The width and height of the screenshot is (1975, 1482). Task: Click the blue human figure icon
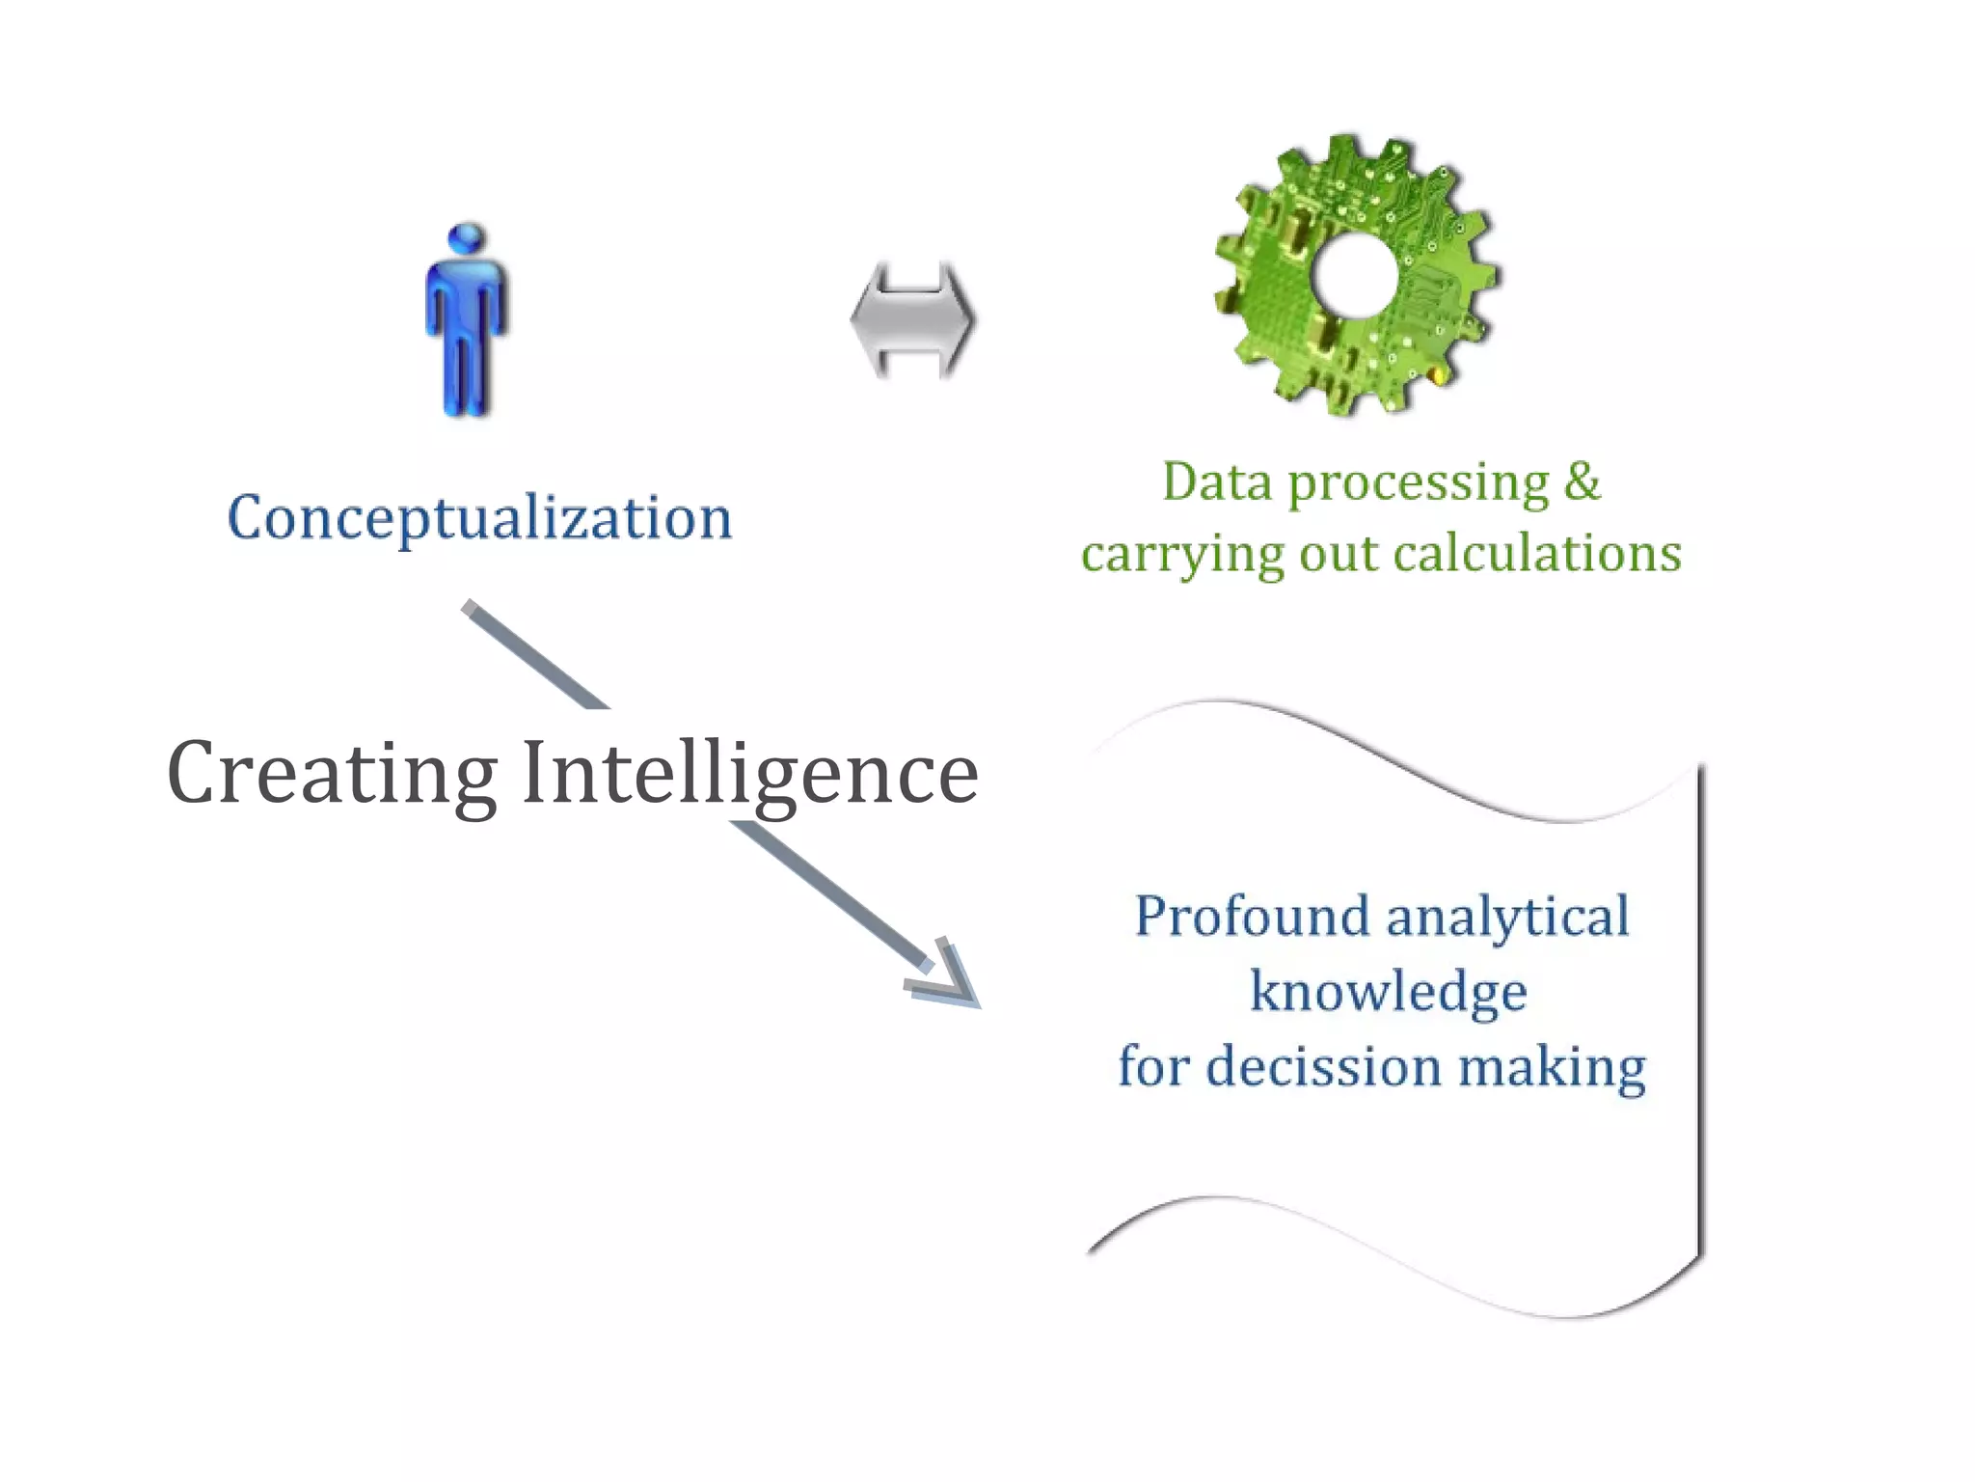click(467, 323)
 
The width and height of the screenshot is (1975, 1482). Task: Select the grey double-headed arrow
click(912, 319)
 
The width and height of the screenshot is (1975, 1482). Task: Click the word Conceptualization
click(479, 518)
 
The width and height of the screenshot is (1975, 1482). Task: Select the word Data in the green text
click(1217, 481)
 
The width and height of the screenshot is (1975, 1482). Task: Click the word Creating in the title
click(332, 773)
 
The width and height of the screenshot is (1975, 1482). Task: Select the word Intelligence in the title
click(750, 773)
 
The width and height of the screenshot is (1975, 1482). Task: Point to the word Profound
click(1252, 916)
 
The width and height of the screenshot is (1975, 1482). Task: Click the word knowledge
click(1389, 992)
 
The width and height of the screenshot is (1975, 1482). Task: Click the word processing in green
click(1419, 483)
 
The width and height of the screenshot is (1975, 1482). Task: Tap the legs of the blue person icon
click(467, 376)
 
